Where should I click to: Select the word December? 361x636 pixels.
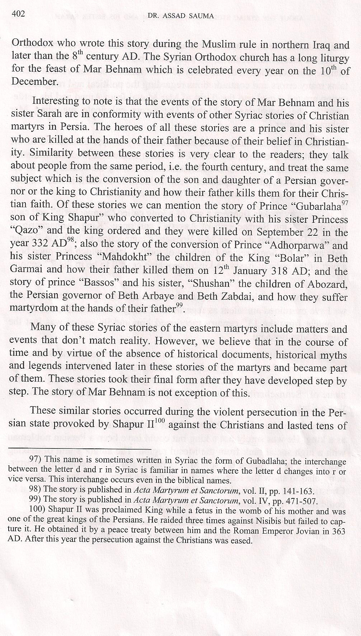click(x=34, y=82)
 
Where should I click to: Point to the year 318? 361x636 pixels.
click(x=231, y=271)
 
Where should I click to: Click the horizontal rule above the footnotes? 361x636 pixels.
click(x=79, y=449)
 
